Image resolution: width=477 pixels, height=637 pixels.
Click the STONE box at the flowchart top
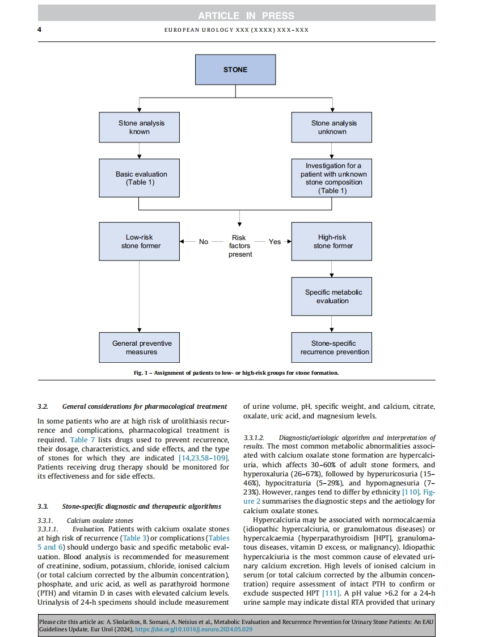[235, 70]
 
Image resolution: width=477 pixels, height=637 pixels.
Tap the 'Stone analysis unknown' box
[332, 127]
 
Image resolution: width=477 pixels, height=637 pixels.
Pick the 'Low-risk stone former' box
[140, 241]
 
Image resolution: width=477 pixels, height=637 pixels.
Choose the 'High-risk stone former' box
[332, 241]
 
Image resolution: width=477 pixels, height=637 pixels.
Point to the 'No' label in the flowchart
[204, 242]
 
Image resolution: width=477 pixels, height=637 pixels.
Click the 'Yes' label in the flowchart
[275, 242]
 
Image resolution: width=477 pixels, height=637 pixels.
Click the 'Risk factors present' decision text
[239, 246]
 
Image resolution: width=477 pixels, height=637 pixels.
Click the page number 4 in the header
[40, 29]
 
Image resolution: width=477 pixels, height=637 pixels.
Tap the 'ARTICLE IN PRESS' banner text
[238, 15]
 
